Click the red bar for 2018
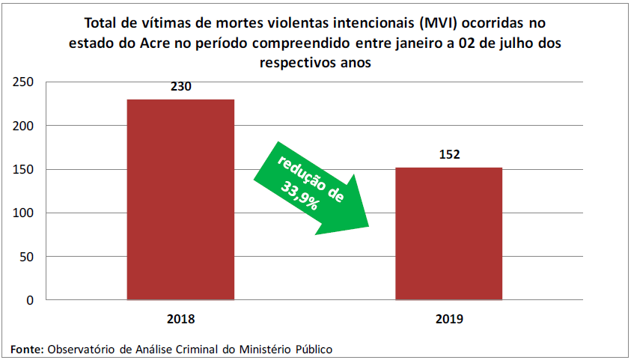pos(180,200)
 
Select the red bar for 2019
pos(448,234)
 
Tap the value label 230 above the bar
pos(181,87)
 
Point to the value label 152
pos(448,155)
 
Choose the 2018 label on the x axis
pos(180,319)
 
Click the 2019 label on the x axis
pos(448,319)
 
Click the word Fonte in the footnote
pos(26,349)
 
